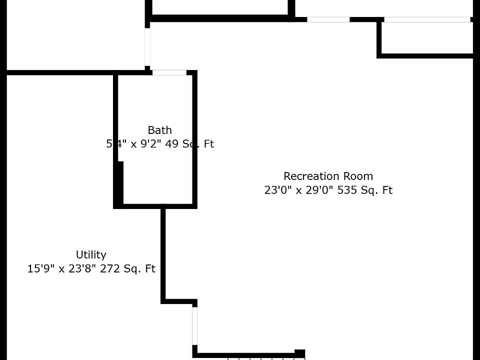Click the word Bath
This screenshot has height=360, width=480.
point(159,130)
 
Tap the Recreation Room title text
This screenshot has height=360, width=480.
point(328,176)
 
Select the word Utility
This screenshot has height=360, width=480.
point(91,254)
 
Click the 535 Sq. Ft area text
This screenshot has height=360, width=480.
point(363,190)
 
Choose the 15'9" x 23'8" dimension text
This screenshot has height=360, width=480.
point(60,268)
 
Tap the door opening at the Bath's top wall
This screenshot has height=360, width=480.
point(169,72)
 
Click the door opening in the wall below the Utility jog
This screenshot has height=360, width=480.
point(194,325)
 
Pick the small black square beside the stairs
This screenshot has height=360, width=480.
point(299,353)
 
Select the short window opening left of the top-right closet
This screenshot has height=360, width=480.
point(328,19)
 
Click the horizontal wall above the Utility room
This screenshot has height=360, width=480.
point(60,73)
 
